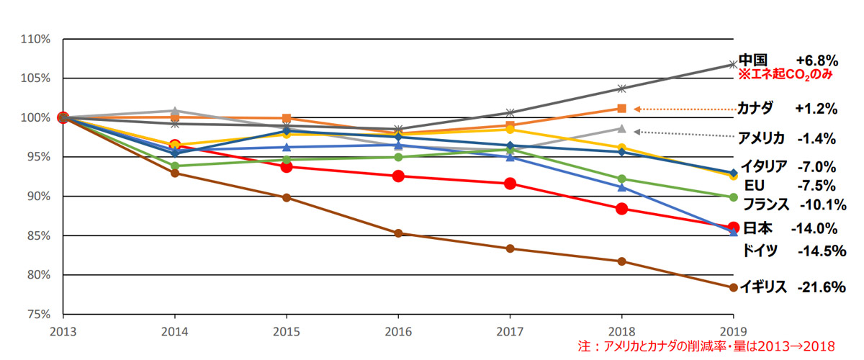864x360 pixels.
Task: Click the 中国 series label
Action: (x=752, y=60)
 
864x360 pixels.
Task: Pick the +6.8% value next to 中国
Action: (x=816, y=60)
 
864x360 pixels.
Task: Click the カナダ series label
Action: (x=755, y=109)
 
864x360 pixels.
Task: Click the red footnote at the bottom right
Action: (x=716, y=346)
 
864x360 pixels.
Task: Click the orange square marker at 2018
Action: (x=621, y=109)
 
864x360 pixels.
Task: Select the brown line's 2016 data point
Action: (x=398, y=233)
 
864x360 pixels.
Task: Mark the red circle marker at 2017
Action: (x=510, y=184)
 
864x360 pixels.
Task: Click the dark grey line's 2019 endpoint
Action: (x=733, y=65)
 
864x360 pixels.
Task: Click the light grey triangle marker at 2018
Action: (x=621, y=129)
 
